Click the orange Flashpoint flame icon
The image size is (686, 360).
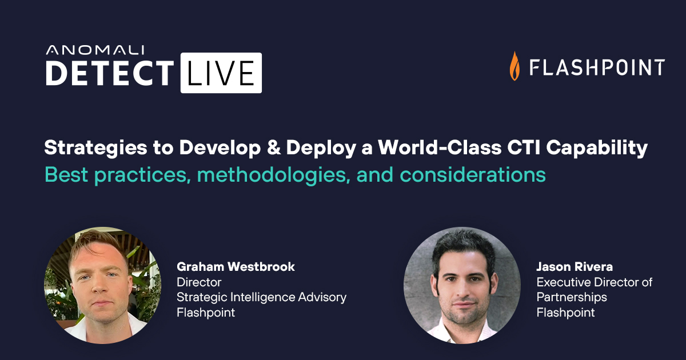(514, 66)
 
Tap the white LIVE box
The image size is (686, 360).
(221, 73)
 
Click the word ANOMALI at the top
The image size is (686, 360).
(95, 50)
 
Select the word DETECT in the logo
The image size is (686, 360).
(110, 73)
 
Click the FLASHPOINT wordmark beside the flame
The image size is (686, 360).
(597, 67)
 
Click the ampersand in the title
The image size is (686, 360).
(273, 147)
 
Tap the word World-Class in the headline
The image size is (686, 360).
(440, 147)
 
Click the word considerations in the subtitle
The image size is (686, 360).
(473, 174)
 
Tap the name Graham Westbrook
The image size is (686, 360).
(236, 267)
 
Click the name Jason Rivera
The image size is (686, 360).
(575, 267)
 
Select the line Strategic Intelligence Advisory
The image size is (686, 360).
(261, 297)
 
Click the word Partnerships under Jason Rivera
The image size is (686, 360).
(572, 297)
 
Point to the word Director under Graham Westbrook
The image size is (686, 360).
(199, 282)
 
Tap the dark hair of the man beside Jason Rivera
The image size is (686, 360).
(462, 245)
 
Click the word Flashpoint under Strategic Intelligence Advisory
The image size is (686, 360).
(206, 313)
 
